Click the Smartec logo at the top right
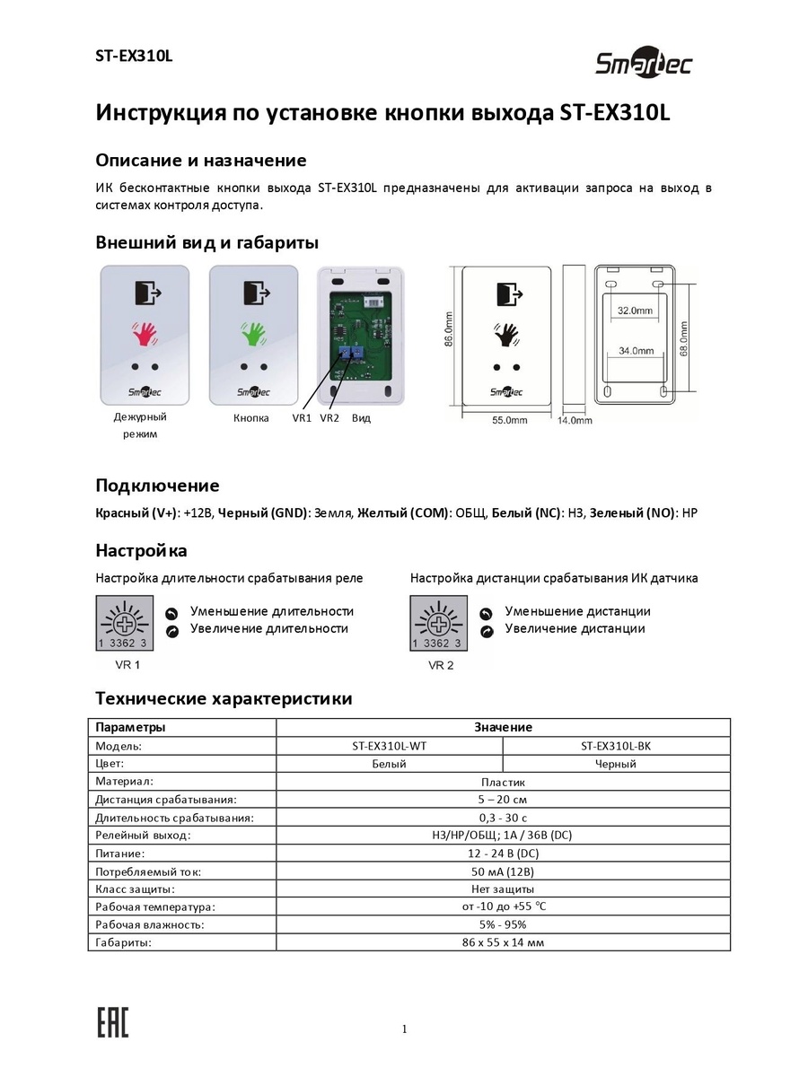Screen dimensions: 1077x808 point(644,64)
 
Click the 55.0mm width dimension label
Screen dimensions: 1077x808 point(509,419)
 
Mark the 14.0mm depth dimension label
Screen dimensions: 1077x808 point(575,419)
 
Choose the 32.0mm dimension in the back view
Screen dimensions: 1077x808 point(635,310)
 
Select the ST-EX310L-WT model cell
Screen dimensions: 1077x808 point(390,746)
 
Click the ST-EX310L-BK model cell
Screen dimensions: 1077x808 point(616,746)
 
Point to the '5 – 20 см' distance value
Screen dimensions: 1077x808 point(503,799)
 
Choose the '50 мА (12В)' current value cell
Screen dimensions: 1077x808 point(503,871)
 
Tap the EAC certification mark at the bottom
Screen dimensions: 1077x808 point(112,1024)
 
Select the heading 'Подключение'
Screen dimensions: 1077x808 point(157,486)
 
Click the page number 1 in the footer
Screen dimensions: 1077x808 point(405,1029)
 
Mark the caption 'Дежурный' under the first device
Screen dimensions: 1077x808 point(140,416)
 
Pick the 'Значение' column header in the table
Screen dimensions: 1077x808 point(503,727)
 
